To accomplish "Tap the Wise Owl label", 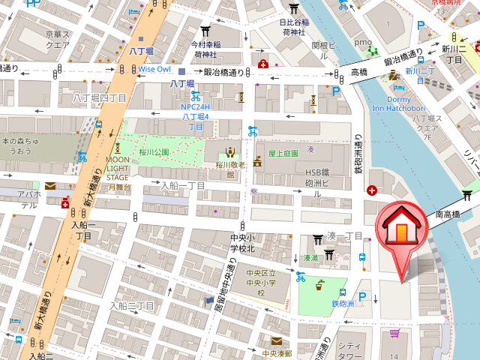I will [x=154, y=69].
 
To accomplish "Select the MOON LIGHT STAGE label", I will [x=117, y=172].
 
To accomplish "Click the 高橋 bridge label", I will [x=358, y=72].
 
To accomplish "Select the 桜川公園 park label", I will [x=155, y=151].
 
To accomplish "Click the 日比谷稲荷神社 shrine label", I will [x=293, y=27].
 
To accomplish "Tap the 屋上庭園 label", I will [x=283, y=152].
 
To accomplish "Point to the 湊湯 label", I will [x=310, y=258].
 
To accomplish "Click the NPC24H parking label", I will [x=196, y=116].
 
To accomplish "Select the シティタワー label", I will [x=351, y=350].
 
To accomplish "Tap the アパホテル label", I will [x=29, y=199].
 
